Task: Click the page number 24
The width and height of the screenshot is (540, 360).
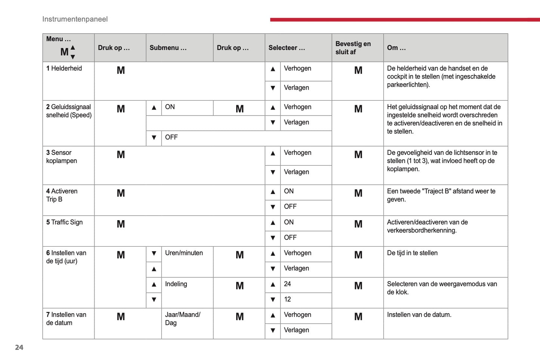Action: click(19, 347)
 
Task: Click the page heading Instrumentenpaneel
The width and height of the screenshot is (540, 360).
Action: click(75, 19)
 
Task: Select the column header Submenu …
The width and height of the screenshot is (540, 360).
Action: click(168, 48)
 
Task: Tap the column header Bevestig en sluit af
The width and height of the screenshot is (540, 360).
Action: click(353, 48)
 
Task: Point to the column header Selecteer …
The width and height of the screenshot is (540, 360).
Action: click(287, 48)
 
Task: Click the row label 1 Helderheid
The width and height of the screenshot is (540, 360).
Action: click(64, 68)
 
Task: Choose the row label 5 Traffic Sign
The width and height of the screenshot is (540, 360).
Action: click(64, 222)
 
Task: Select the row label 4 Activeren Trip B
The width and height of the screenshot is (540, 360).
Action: click(62, 195)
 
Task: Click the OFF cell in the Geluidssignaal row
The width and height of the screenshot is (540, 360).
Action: click(171, 137)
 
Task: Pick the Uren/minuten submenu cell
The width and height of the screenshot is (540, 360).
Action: click(184, 253)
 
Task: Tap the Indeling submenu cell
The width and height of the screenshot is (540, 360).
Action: click(176, 284)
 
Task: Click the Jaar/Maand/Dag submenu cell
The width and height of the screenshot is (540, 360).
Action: click(183, 319)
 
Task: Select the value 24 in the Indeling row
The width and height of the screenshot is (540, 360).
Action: click(287, 284)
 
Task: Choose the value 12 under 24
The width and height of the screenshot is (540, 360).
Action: click(287, 299)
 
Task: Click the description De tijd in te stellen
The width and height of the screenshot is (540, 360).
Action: click(412, 253)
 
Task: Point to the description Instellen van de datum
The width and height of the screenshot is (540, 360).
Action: click(419, 315)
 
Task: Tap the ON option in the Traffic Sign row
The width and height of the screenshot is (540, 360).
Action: click(289, 222)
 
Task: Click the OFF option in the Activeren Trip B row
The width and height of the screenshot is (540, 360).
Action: click(290, 206)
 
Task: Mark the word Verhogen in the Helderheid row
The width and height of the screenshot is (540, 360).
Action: click(297, 68)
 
